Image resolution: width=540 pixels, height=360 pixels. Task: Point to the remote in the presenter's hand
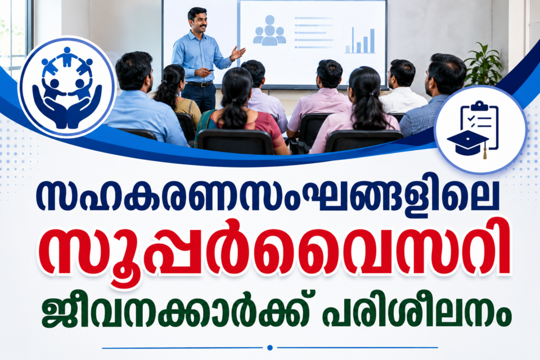[209, 70]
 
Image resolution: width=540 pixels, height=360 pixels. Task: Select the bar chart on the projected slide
[360, 40]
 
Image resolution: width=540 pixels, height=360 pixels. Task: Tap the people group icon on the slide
[269, 30]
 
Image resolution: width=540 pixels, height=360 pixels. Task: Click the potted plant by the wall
[483, 65]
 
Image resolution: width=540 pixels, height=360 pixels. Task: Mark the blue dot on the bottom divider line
[270, 348]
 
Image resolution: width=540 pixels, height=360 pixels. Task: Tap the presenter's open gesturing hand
[238, 53]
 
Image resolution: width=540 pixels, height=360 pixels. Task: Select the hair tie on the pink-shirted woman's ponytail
[370, 94]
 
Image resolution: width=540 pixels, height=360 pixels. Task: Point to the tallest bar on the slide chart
[372, 40]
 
